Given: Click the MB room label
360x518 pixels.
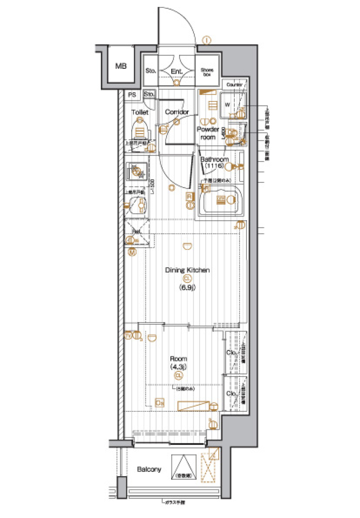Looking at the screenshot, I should pos(121,66).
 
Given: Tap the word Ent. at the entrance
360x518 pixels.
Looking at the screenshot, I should pos(177,71).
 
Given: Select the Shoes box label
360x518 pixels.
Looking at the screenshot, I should pos(207,72).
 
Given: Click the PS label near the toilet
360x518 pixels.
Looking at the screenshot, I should pos(132,95).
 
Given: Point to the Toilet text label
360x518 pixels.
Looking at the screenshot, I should pos(140,112).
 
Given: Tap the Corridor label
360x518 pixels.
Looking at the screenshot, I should pos(177,112).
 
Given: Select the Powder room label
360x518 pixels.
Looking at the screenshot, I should pos(208,133).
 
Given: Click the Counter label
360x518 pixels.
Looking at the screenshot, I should pos(234,85).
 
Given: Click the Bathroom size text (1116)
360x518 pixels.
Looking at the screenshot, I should pos(214,166).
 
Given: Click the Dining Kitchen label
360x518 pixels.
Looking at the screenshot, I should pos(187,270).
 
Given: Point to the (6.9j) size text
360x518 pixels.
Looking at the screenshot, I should pos(187,287).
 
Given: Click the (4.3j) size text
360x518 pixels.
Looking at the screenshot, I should pos(178,366).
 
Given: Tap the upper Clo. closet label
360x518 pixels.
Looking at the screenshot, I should pos(231,352).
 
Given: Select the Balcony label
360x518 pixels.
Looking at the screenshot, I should pos(149,469).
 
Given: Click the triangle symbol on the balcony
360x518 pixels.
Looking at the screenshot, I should pos(184,467).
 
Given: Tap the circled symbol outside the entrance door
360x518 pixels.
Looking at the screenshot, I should pos(207,40).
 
